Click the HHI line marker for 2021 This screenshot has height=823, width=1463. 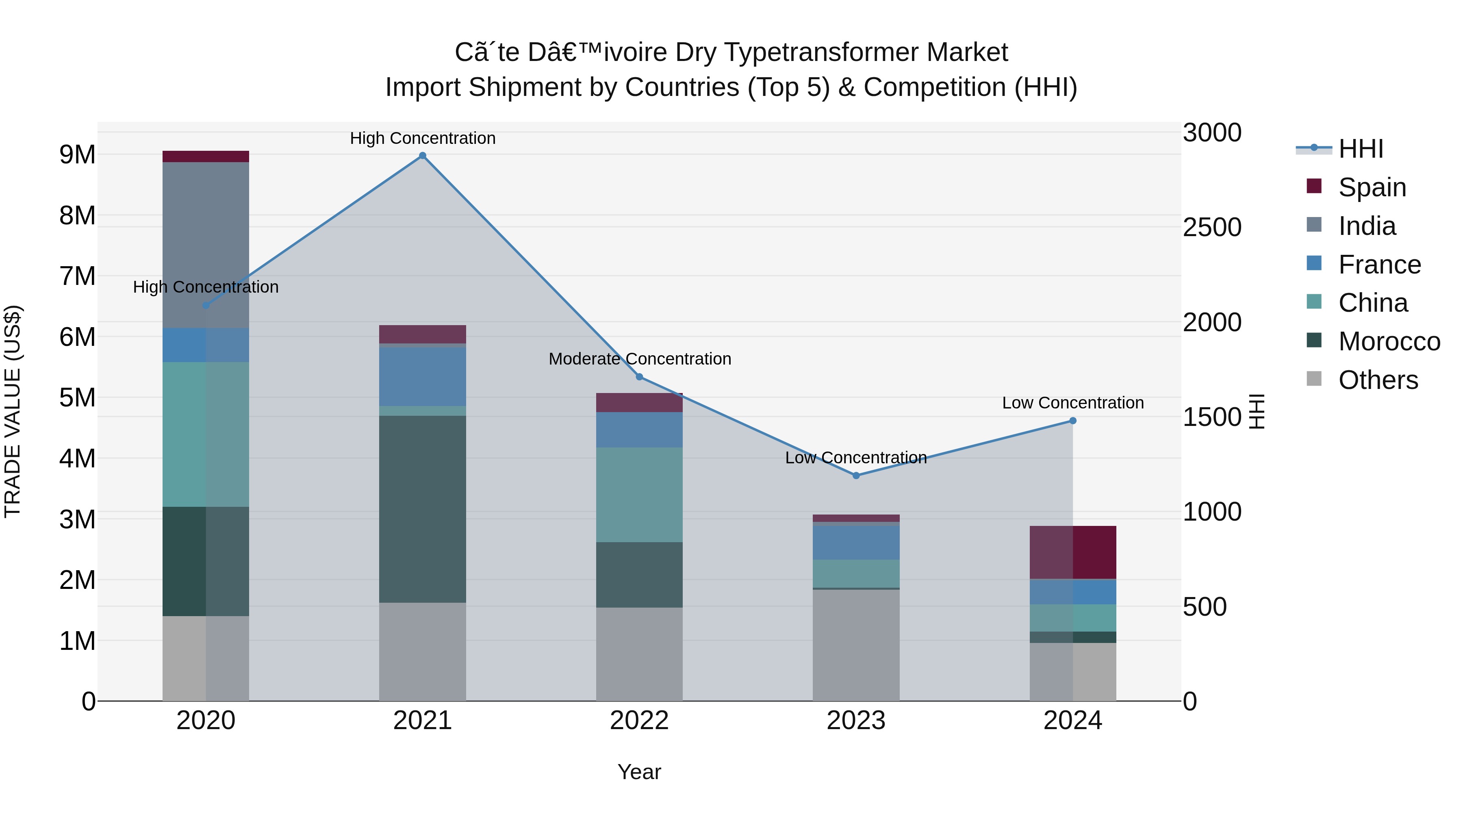tap(423, 156)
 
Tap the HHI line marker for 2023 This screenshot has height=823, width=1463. tap(856, 476)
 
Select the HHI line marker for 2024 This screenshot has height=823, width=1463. tap(1073, 421)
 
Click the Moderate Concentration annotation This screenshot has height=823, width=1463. tap(640, 359)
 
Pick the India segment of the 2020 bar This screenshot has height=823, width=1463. tap(206, 244)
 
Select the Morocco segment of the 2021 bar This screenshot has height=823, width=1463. tap(423, 508)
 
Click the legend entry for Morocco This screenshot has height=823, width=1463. tap(1389, 341)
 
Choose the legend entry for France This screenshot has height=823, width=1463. tap(1379, 265)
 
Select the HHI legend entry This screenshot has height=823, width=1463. tap(1360, 149)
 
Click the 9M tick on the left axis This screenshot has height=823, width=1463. tap(77, 154)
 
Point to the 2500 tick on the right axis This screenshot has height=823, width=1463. tap(1212, 227)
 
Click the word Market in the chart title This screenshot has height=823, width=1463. tap(967, 52)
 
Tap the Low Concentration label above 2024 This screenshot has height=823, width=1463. tap(1073, 403)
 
